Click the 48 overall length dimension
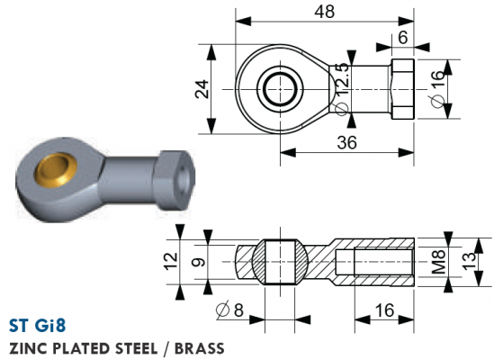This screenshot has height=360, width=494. click(x=325, y=12)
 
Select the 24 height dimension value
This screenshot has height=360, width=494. click(x=202, y=89)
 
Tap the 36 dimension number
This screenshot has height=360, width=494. click(x=346, y=142)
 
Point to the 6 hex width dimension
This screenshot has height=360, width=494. click(x=403, y=38)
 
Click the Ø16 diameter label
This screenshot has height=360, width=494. click(x=437, y=89)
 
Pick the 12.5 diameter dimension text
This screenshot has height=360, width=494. click(x=342, y=88)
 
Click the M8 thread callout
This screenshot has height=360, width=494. click(x=438, y=261)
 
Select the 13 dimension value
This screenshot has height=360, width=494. click(x=469, y=261)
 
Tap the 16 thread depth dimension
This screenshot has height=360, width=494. click(x=385, y=310)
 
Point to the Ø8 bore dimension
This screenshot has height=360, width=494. click(x=230, y=310)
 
